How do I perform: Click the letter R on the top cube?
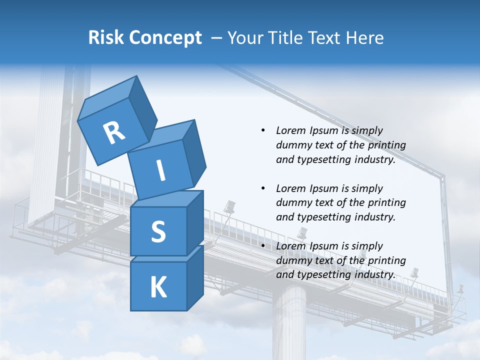114,133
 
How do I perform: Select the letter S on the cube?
158,232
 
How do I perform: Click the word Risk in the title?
105,38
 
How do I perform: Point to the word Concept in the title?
165,38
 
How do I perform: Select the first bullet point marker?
263,130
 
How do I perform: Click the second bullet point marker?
263,188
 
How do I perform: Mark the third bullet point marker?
263,246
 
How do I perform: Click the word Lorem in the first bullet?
290,130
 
